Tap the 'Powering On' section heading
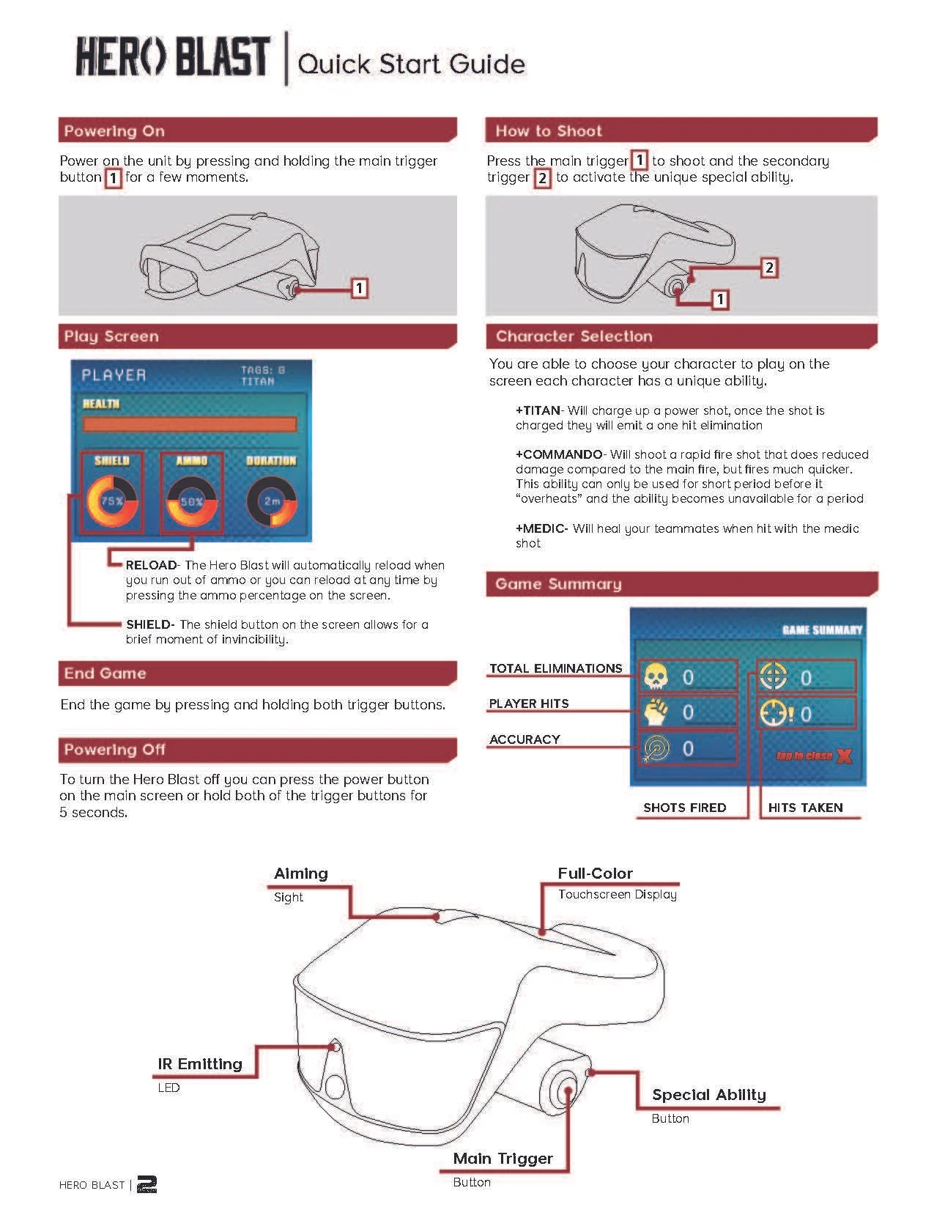coord(114,131)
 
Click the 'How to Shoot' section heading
coord(549,131)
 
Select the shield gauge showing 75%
coord(112,502)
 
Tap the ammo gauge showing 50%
coord(191,502)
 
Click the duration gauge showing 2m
coord(272,502)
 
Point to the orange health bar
coord(190,424)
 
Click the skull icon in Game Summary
coord(655,676)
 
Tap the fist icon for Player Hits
coord(655,712)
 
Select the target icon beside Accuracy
coord(656,748)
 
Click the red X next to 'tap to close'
coord(844,756)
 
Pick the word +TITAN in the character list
coord(538,410)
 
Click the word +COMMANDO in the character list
coord(559,454)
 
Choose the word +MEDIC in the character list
coord(541,528)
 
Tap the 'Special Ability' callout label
coord(708,1095)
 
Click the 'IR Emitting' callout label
coord(199,1064)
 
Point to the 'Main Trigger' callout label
coord(503,1159)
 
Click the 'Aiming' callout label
coord(300,874)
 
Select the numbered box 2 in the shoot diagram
coord(769,267)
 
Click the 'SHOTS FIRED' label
coord(684,808)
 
